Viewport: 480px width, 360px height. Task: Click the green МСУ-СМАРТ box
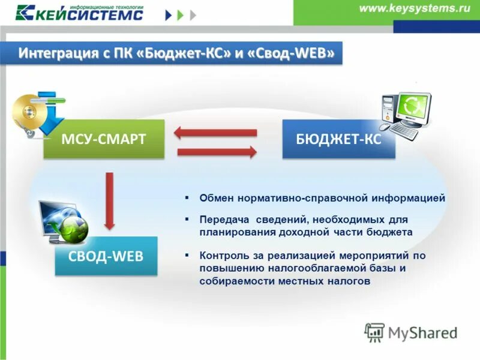point(103,139)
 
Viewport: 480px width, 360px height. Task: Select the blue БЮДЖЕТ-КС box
point(338,139)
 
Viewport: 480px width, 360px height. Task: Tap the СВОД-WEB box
point(106,256)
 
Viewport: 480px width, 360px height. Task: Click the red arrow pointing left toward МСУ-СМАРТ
point(216,133)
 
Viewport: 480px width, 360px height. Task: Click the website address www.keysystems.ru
point(415,9)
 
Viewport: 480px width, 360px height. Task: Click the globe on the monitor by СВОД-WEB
point(74,229)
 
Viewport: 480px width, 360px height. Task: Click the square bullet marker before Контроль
point(187,254)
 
